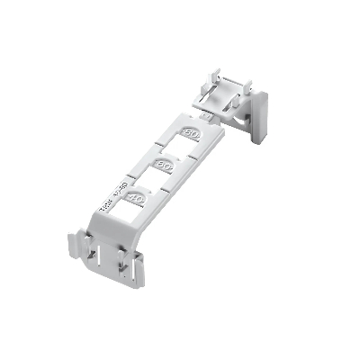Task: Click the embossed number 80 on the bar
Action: pos(191,134)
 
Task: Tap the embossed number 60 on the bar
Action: pos(164,166)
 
